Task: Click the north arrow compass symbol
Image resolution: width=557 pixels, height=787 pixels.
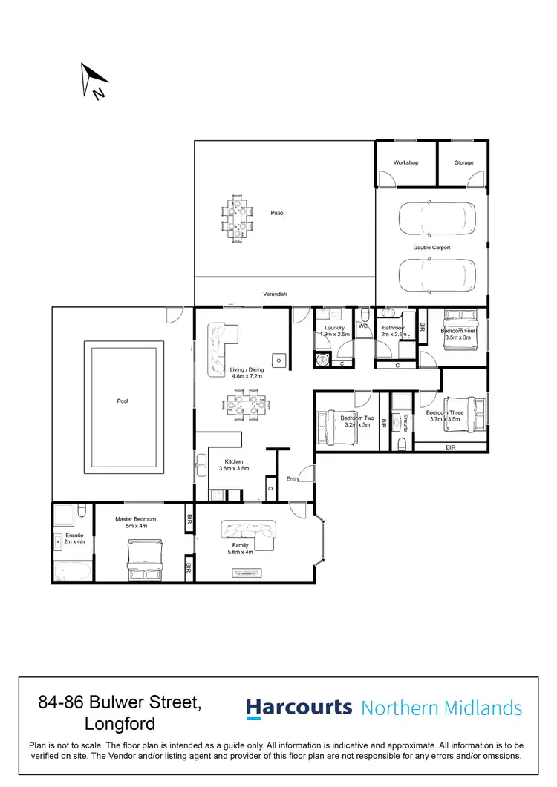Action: tap(94, 80)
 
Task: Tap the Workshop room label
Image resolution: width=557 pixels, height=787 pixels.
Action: tap(405, 162)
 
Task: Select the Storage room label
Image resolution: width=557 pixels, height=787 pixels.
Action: tap(463, 162)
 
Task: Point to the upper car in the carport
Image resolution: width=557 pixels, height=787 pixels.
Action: tap(437, 217)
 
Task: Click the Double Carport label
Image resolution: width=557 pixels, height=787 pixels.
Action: tap(431, 248)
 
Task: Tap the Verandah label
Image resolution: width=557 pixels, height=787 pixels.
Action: tap(275, 294)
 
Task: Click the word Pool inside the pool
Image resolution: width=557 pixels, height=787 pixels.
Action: tap(123, 401)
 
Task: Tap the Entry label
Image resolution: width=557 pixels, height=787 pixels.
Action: tap(293, 479)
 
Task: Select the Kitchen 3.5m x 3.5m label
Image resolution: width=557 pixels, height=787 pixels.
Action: tap(233, 465)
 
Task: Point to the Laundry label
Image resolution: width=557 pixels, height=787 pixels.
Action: tap(333, 328)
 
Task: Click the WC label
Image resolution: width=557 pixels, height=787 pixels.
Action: tap(364, 326)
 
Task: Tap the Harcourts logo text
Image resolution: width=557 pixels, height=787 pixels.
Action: tap(299, 708)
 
